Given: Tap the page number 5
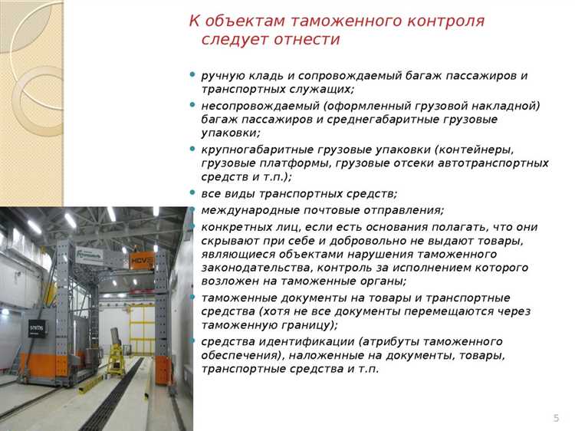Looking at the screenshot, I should click(556, 417).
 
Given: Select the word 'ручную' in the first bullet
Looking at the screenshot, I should click(222, 76).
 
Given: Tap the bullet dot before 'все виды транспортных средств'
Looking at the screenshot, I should click(192, 192).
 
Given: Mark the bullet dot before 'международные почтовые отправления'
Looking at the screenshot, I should click(192, 209).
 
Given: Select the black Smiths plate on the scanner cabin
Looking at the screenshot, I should click(37, 327).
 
